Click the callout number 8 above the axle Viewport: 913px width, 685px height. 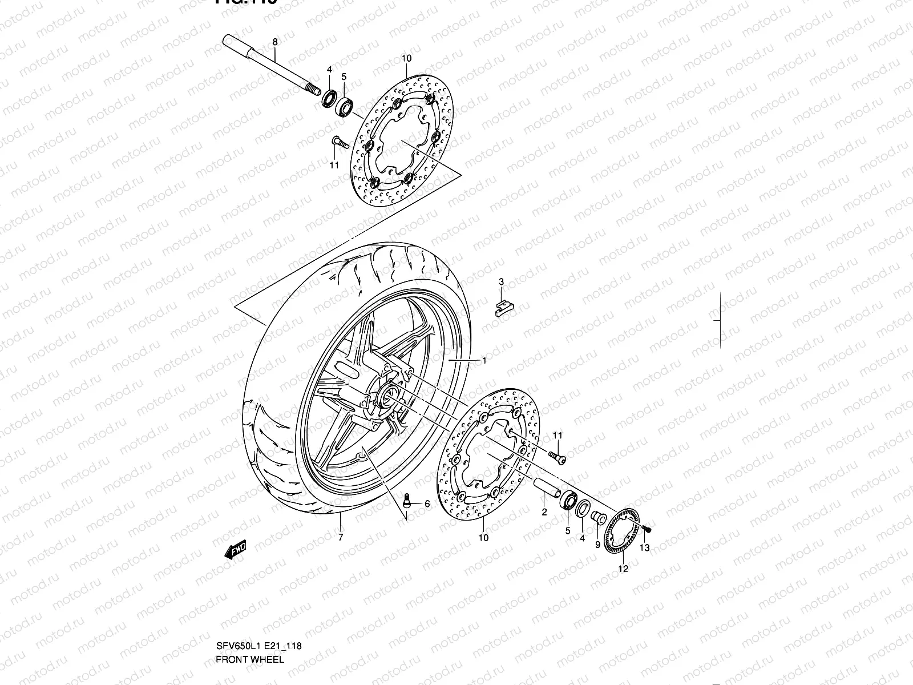coord(274,42)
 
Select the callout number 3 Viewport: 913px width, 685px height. coord(501,282)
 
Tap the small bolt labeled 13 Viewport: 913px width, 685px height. coord(645,529)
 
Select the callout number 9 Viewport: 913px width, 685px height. coord(597,545)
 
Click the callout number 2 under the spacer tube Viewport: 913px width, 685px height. coord(544,512)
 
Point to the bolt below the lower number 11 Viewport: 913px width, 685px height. coord(557,456)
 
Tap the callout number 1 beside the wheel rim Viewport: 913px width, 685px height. coord(484,361)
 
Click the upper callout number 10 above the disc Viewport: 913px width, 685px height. coord(406,58)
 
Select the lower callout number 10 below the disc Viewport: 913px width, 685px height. coord(483,537)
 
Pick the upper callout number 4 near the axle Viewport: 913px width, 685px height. coord(329,70)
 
